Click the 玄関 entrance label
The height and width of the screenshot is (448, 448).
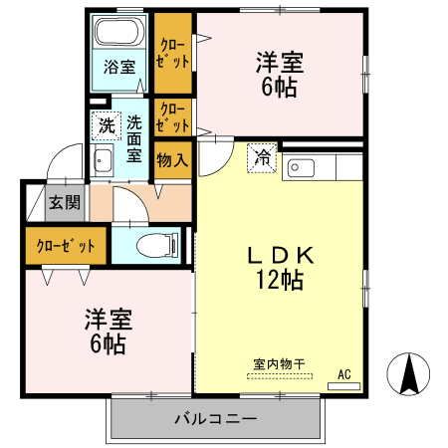62,202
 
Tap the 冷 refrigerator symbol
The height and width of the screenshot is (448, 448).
262,157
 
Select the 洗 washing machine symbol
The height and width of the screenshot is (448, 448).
105,126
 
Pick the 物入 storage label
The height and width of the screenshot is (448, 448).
172,159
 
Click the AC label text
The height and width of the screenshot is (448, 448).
344,374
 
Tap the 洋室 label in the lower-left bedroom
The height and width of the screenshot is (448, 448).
108,321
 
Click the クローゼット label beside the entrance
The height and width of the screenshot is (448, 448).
66,246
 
